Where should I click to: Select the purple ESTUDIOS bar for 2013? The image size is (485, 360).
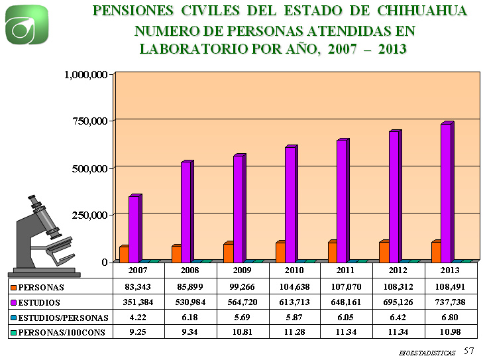[446, 192]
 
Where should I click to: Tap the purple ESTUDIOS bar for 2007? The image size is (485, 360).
[134, 229]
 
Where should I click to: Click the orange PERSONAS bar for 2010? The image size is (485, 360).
[280, 252]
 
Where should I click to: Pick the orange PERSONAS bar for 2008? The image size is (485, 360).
[176, 254]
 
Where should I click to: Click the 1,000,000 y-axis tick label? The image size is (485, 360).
[85, 75]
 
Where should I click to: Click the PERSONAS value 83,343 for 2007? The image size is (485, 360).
[138, 287]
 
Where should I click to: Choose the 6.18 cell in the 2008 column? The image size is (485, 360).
[189, 317]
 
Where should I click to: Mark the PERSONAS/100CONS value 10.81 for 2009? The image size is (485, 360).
[242, 331]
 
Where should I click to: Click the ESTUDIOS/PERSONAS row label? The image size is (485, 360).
[62, 317]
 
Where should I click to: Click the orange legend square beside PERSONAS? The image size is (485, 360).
[13, 288]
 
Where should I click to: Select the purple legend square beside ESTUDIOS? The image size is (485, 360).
[13, 302]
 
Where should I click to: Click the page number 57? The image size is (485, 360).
[469, 349]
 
